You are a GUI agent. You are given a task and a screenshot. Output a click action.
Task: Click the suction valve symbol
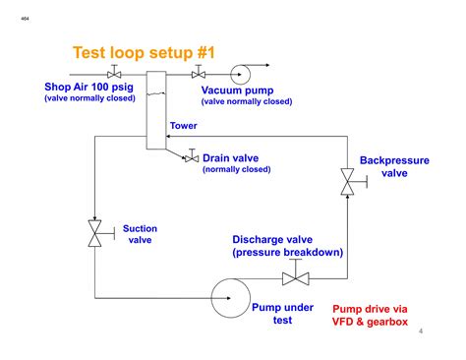tap(95, 234)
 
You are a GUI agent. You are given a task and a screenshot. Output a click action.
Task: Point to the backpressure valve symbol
tap(347, 180)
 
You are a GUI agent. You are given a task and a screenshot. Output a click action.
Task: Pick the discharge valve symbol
tap(295, 278)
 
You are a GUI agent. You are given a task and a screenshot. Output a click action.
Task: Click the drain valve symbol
tap(192, 157)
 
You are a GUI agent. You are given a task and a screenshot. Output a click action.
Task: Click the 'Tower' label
tap(184, 126)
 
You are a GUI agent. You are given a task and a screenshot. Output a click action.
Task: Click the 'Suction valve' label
tap(140, 234)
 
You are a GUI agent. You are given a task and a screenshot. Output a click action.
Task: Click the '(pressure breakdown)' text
tap(287, 253)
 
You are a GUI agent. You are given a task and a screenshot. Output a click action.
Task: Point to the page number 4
tap(420, 331)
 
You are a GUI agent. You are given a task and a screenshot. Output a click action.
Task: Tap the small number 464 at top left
tap(24, 17)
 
